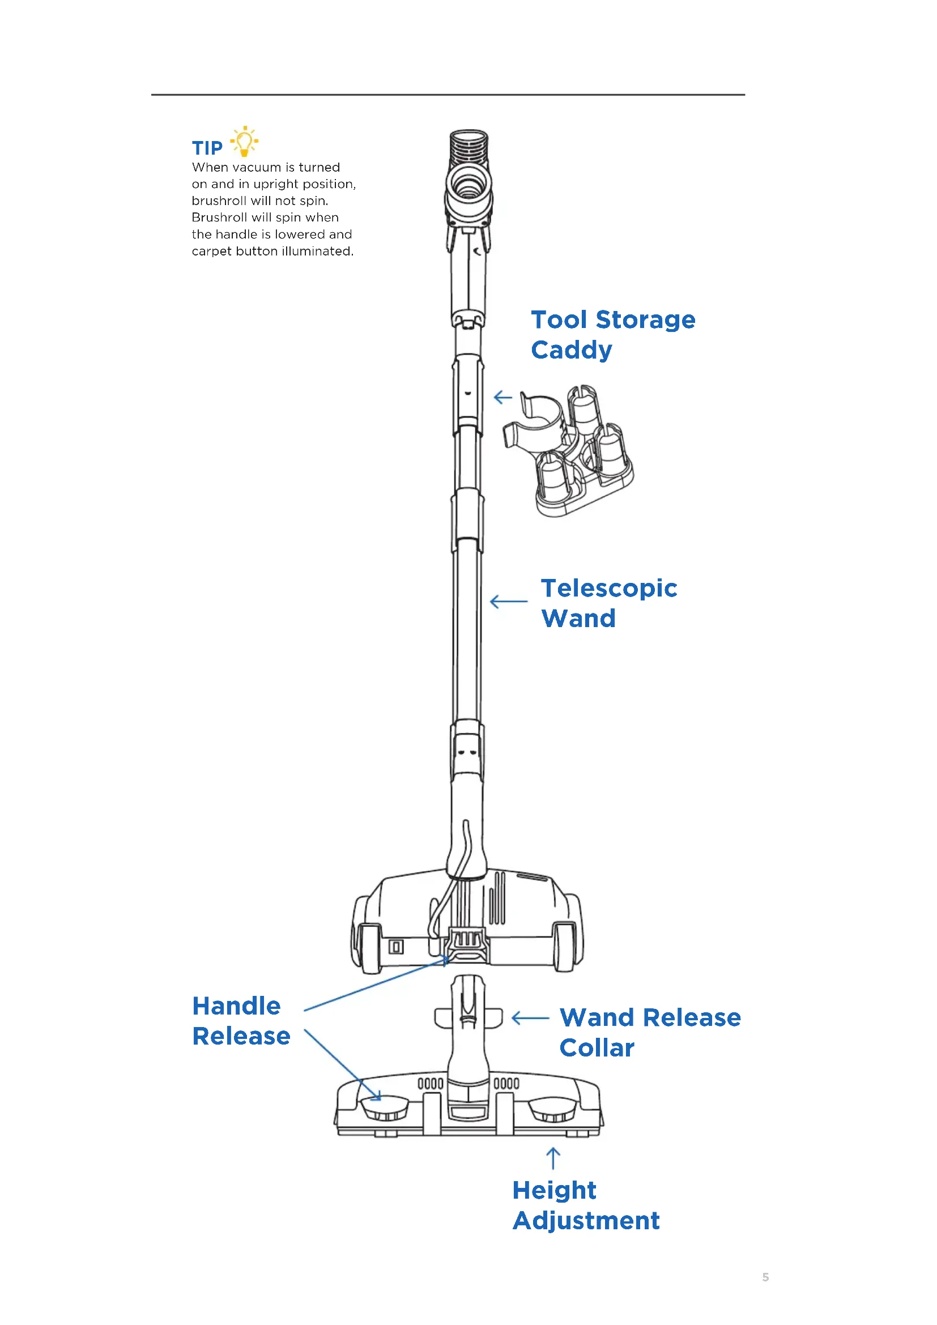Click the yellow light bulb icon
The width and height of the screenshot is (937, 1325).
click(244, 142)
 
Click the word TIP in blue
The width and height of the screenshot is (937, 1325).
click(207, 148)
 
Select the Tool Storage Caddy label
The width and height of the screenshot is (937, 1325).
click(613, 335)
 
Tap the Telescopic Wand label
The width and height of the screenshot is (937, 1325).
click(608, 603)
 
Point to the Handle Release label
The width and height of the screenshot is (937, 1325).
click(241, 1021)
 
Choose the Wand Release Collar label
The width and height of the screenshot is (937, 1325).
click(650, 1033)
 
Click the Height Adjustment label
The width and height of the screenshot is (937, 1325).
click(586, 1205)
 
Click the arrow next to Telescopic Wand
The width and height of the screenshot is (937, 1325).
click(508, 602)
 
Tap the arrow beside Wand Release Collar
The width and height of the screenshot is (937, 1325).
click(530, 1018)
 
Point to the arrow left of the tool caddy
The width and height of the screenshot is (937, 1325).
click(503, 397)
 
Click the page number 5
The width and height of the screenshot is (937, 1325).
click(766, 1277)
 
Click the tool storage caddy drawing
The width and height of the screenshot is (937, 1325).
click(571, 450)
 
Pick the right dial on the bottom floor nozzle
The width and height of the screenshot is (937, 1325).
click(552, 1107)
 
